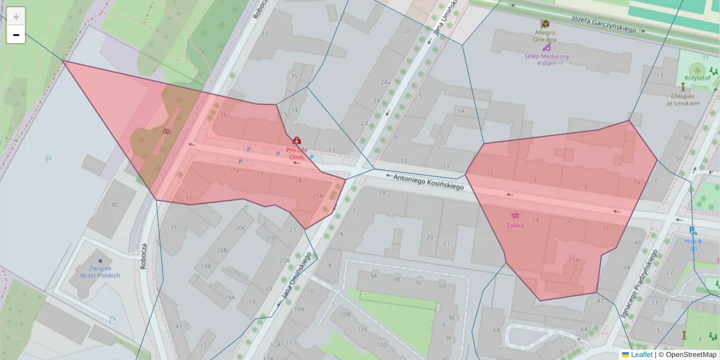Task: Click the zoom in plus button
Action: click(16, 17)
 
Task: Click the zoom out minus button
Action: click(16, 35)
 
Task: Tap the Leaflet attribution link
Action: click(641, 355)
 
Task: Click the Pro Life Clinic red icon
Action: click(297, 140)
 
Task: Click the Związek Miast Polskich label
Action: click(100, 272)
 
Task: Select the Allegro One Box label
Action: click(545, 35)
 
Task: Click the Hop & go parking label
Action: click(693, 244)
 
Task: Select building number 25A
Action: click(574, 260)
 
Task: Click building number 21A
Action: click(318, 196)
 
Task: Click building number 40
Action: click(115, 205)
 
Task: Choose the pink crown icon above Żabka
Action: click(515, 214)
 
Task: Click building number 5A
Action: click(461, 111)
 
